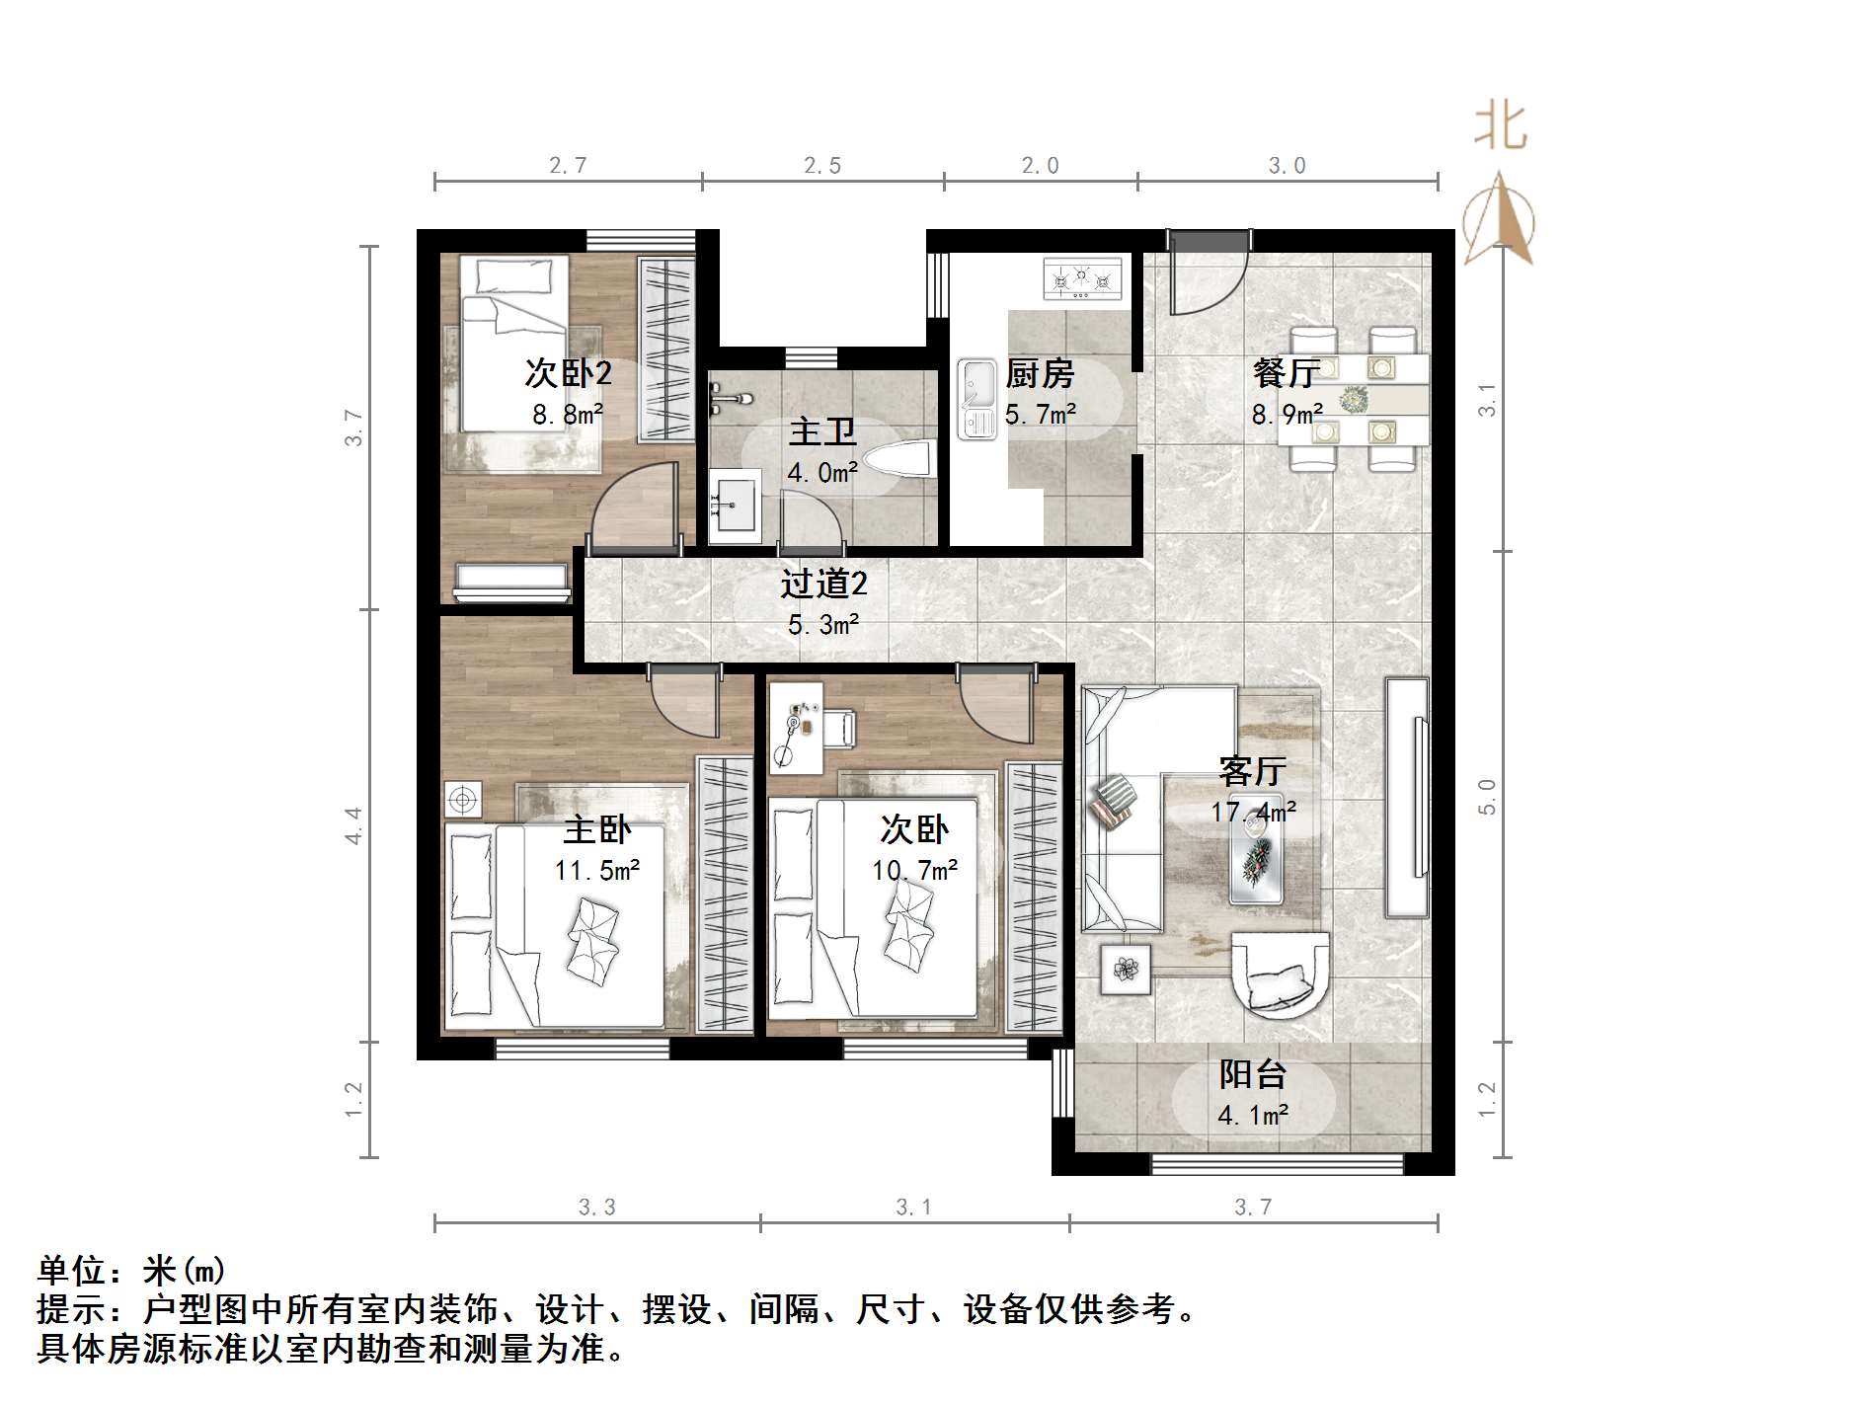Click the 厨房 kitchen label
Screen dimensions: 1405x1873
(x=1040, y=374)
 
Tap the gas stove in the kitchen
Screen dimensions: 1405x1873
(x=1083, y=278)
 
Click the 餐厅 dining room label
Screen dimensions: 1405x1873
(x=1286, y=373)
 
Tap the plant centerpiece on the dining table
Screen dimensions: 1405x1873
(x=1354, y=400)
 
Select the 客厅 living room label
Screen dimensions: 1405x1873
(x=1252, y=770)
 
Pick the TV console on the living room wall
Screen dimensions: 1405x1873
(x=1406, y=797)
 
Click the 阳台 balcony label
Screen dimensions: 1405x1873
(x=1252, y=1074)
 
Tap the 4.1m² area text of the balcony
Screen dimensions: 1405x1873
(x=1252, y=1116)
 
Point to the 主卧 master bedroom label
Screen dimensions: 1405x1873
(x=596, y=829)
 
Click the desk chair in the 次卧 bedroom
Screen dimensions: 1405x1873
(x=840, y=728)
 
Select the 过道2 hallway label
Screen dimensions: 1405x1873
(x=823, y=584)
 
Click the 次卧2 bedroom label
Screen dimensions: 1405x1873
(x=568, y=373)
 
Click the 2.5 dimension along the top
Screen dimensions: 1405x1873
(x=822, y=166)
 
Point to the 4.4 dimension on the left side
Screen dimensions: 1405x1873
(x=353, y=825)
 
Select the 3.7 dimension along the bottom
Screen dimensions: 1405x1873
(x=1253, y=1207)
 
